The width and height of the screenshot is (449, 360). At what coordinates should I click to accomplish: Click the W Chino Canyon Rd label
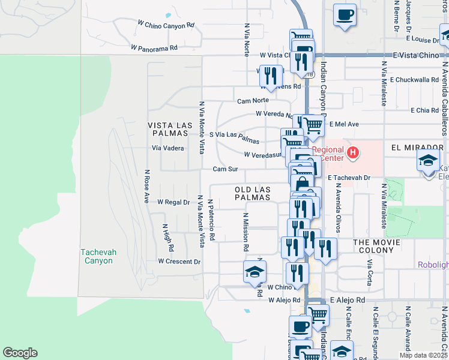166,26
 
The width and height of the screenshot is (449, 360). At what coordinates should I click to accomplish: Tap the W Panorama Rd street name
155,47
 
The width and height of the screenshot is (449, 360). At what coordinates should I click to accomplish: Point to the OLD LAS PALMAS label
252,193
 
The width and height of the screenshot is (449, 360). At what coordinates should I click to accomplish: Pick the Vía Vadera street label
167,148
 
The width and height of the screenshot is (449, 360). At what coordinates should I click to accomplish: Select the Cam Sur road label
226,169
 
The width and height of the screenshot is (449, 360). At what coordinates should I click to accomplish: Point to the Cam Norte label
253,101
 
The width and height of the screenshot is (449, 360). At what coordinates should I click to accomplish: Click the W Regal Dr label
173,203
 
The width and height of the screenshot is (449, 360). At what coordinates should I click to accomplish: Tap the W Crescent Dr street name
179,262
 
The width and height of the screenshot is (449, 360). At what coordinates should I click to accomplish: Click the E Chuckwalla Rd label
415,79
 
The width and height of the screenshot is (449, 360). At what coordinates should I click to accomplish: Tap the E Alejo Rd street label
347,300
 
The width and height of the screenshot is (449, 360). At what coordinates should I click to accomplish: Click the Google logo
20,353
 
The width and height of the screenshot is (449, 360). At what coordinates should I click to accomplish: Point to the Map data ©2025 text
423,355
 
